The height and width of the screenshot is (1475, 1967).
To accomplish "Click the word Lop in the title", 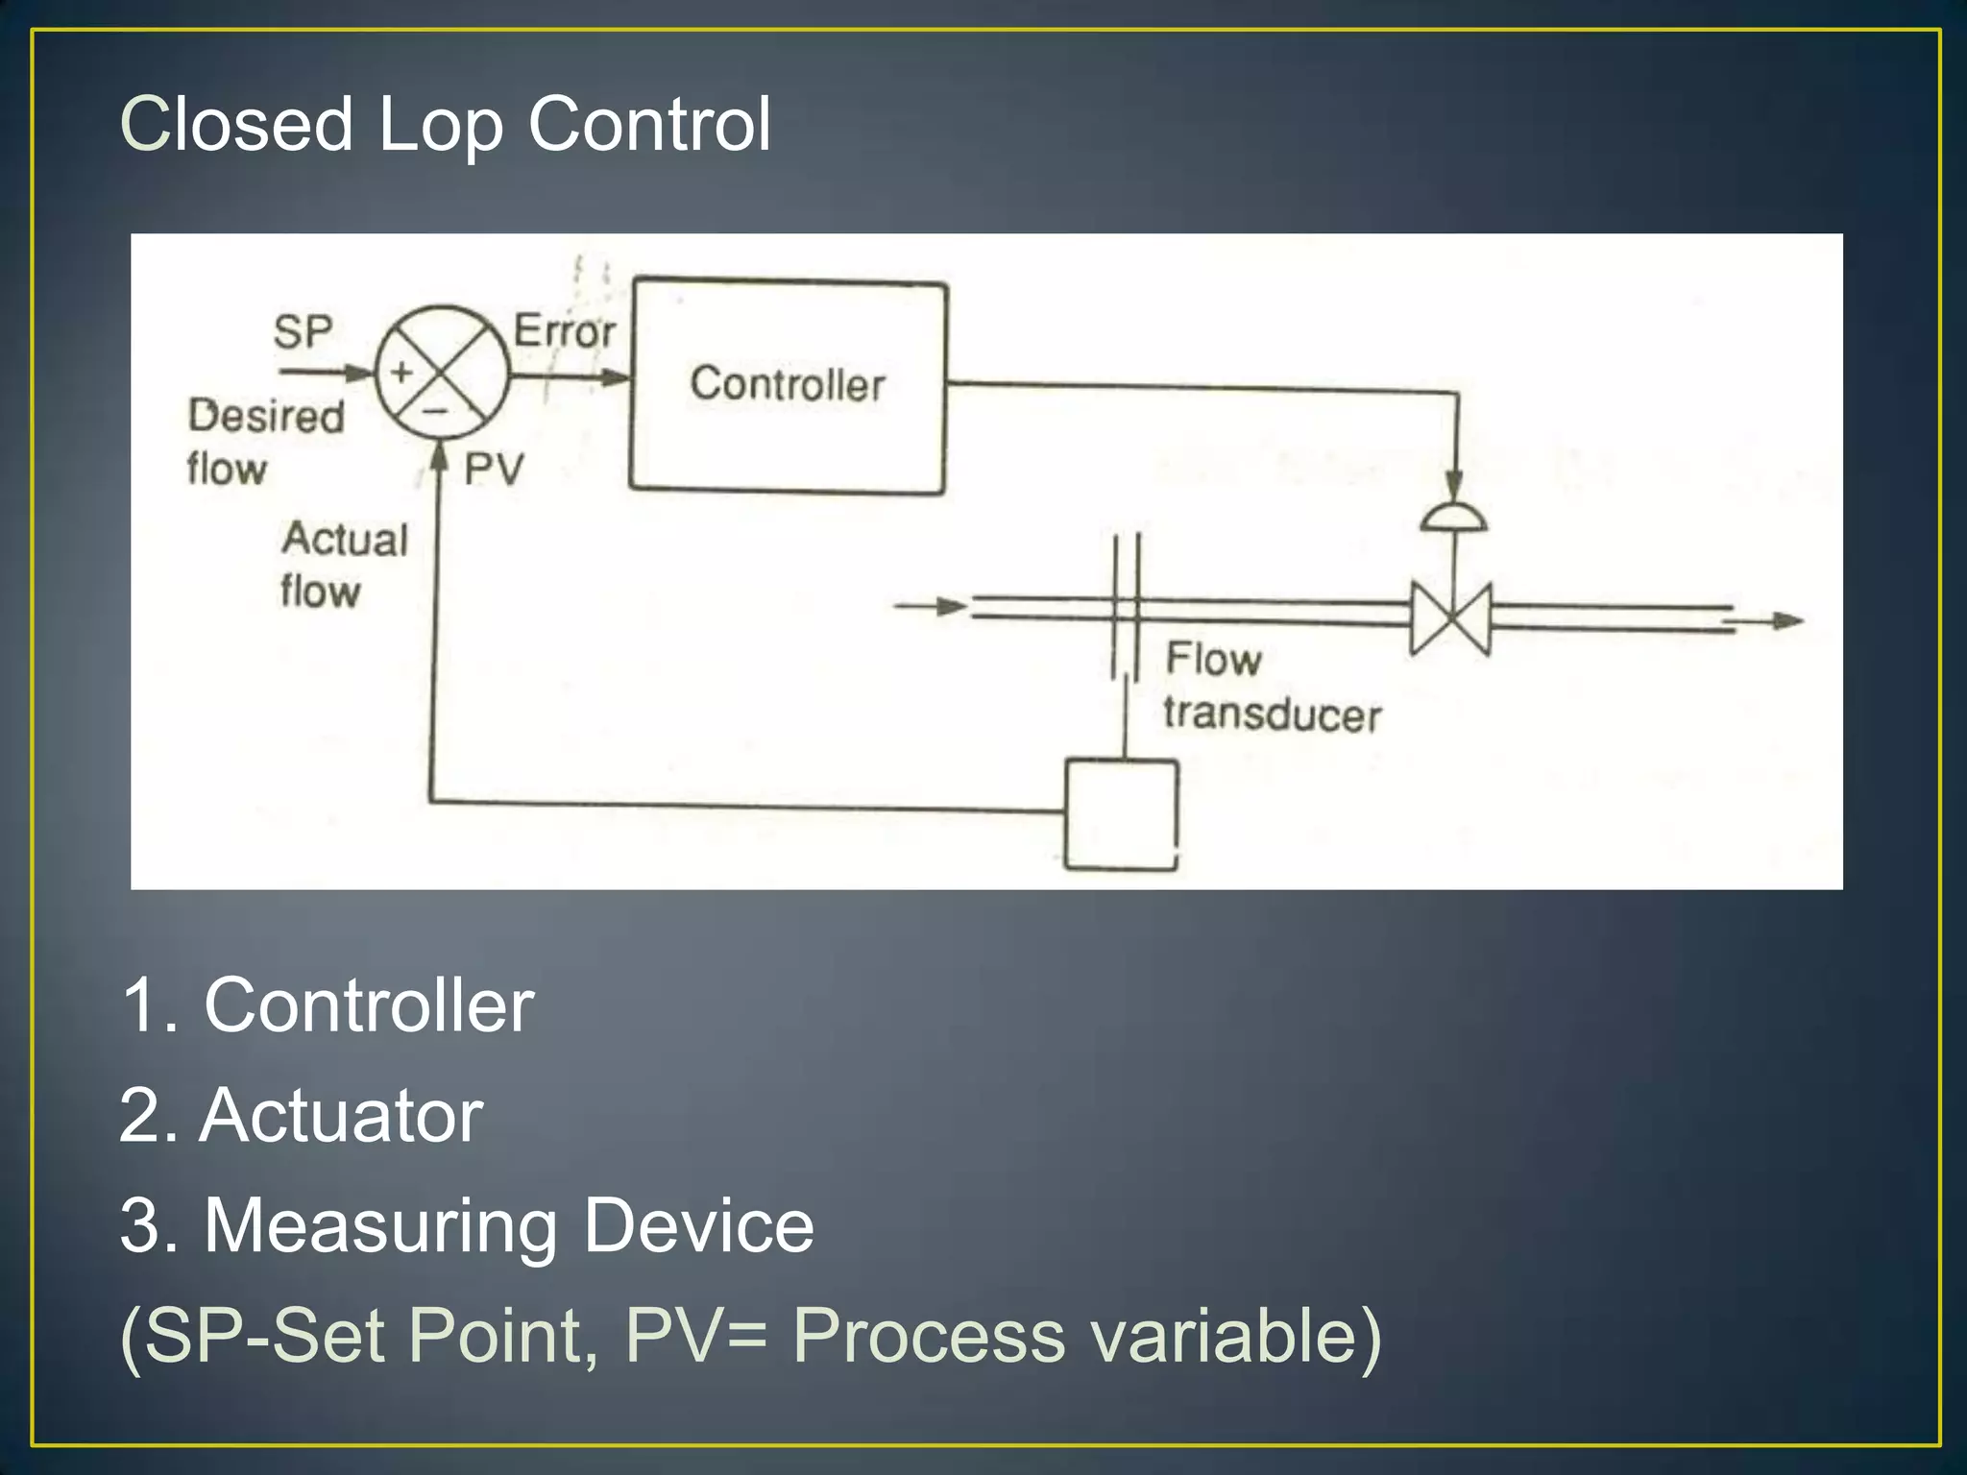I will [440, 126].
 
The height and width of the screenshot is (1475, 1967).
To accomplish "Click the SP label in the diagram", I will [303, 332].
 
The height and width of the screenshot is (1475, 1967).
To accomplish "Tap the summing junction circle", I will [442, 373].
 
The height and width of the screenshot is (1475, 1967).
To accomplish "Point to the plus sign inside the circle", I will [401, 373].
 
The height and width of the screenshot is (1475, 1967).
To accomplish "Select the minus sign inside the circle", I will [437, 411].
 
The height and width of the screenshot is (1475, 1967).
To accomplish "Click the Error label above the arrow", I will [564, 331].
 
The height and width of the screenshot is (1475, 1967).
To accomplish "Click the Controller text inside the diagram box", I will [787, 384].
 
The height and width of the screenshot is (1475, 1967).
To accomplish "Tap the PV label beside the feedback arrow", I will [494, 471].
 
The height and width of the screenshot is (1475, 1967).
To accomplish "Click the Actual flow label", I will [343, 565].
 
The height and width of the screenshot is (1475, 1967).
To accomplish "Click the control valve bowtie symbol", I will [1450, 618].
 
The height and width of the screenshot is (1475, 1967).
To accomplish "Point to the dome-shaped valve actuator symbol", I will [1453, 519].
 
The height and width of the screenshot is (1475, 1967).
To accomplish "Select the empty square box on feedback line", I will [1121, 814].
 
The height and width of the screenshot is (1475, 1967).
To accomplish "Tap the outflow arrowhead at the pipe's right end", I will [1788, 621].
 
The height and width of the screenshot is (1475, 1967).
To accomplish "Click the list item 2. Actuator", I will [301, 1116].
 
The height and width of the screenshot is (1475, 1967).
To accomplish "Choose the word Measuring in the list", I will [379, 1226].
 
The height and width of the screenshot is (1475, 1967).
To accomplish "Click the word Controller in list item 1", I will [369, 1005].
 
